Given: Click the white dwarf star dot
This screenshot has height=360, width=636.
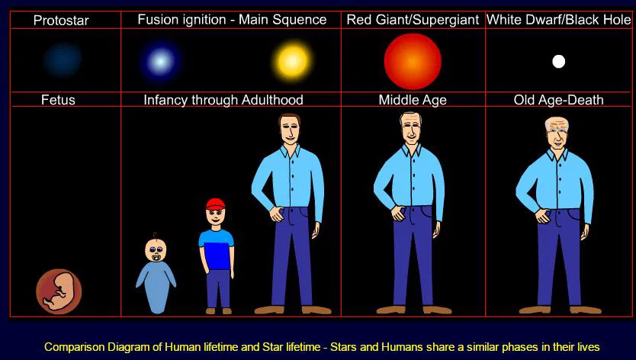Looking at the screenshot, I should click(x=558, y=62).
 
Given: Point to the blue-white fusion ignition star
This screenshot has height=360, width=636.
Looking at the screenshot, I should click(x=160, y=60).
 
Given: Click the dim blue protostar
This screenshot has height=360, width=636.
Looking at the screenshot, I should click(x=62, y=59).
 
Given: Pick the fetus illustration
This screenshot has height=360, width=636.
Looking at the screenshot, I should click(x=59, y=291).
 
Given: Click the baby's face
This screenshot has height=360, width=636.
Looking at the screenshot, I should click(x=156, y=250).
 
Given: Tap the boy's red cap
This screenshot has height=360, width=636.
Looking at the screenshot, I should click(x=216, y=204).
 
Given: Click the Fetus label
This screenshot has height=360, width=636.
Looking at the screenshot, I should click(x=59, y=100).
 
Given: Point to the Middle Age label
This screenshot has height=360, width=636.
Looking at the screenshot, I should click(x=413, y=100).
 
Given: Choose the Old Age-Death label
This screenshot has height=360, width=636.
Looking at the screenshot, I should click(x=559, y=100).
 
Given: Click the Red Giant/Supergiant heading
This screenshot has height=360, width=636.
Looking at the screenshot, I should click(x=413, y=20).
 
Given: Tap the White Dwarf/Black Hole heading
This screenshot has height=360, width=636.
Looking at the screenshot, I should click(x=559, y=20).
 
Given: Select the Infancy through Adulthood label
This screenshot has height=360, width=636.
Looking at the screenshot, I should click(x=223, y=100).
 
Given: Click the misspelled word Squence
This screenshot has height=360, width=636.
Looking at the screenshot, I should click(x=300, y=20).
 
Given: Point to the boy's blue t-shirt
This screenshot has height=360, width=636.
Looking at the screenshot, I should click(x=217, y=250).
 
